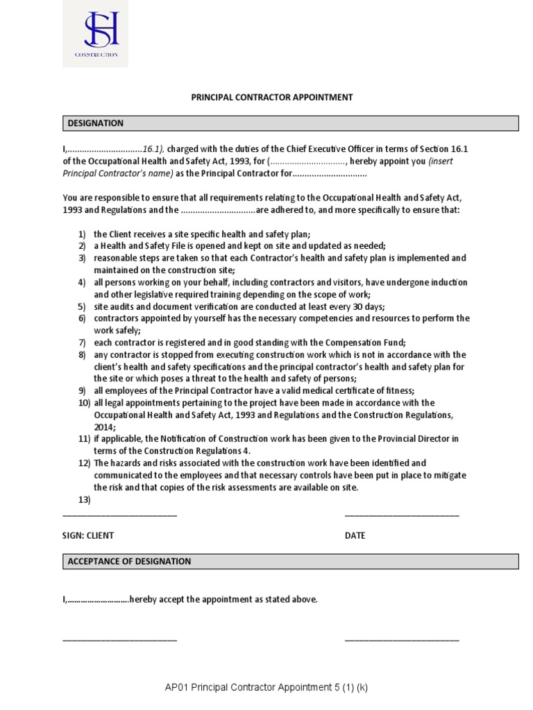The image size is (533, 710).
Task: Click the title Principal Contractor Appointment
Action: (272, 98)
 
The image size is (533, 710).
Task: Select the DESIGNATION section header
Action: (96, 123)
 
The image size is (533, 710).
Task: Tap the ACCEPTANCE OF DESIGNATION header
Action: (129, 561)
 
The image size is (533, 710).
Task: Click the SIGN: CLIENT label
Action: (88, 535)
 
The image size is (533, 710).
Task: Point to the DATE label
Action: (355, 535)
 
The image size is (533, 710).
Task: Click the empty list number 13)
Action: (84, 499)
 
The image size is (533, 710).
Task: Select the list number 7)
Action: (82, 343)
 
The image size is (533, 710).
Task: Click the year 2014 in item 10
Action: (105, 426)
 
